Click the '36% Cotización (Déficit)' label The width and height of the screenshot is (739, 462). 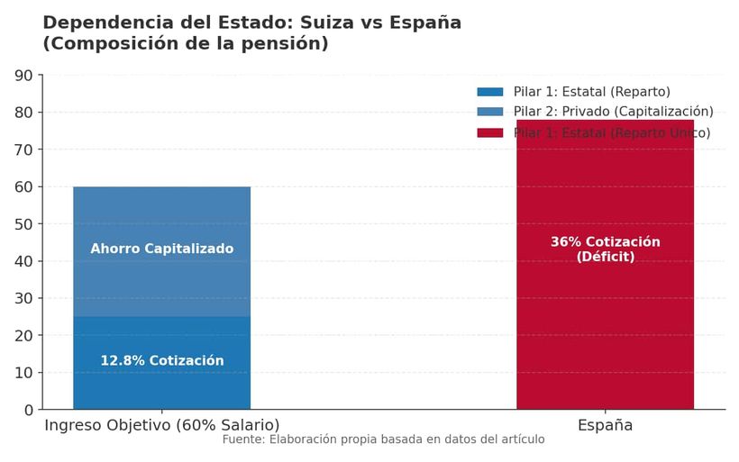(x=605, y=249)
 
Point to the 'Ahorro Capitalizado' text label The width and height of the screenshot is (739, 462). (x=161, y=249)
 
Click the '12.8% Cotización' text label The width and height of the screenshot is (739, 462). (x=161, y=360)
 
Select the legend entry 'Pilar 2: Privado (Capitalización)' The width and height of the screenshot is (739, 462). (x=613, y=112)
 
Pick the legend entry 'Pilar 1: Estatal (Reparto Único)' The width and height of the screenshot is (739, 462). (x=611, y=132)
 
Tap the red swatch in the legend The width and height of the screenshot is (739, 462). (x=490, y=132)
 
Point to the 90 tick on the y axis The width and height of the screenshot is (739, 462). (x=25, y=76)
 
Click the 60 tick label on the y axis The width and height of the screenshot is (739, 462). (x=25, y=187)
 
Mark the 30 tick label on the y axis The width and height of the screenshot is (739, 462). (x=25, y=299)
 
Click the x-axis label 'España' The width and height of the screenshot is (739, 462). (x=605, y=425)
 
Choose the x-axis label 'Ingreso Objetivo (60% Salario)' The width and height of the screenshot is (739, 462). (x=162, y=425)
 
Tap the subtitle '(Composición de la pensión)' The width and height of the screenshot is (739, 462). (x=186, y=43)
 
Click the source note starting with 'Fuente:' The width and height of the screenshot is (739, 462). (x=383, y=439)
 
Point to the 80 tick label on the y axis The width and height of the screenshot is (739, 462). (x=25, y=113)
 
